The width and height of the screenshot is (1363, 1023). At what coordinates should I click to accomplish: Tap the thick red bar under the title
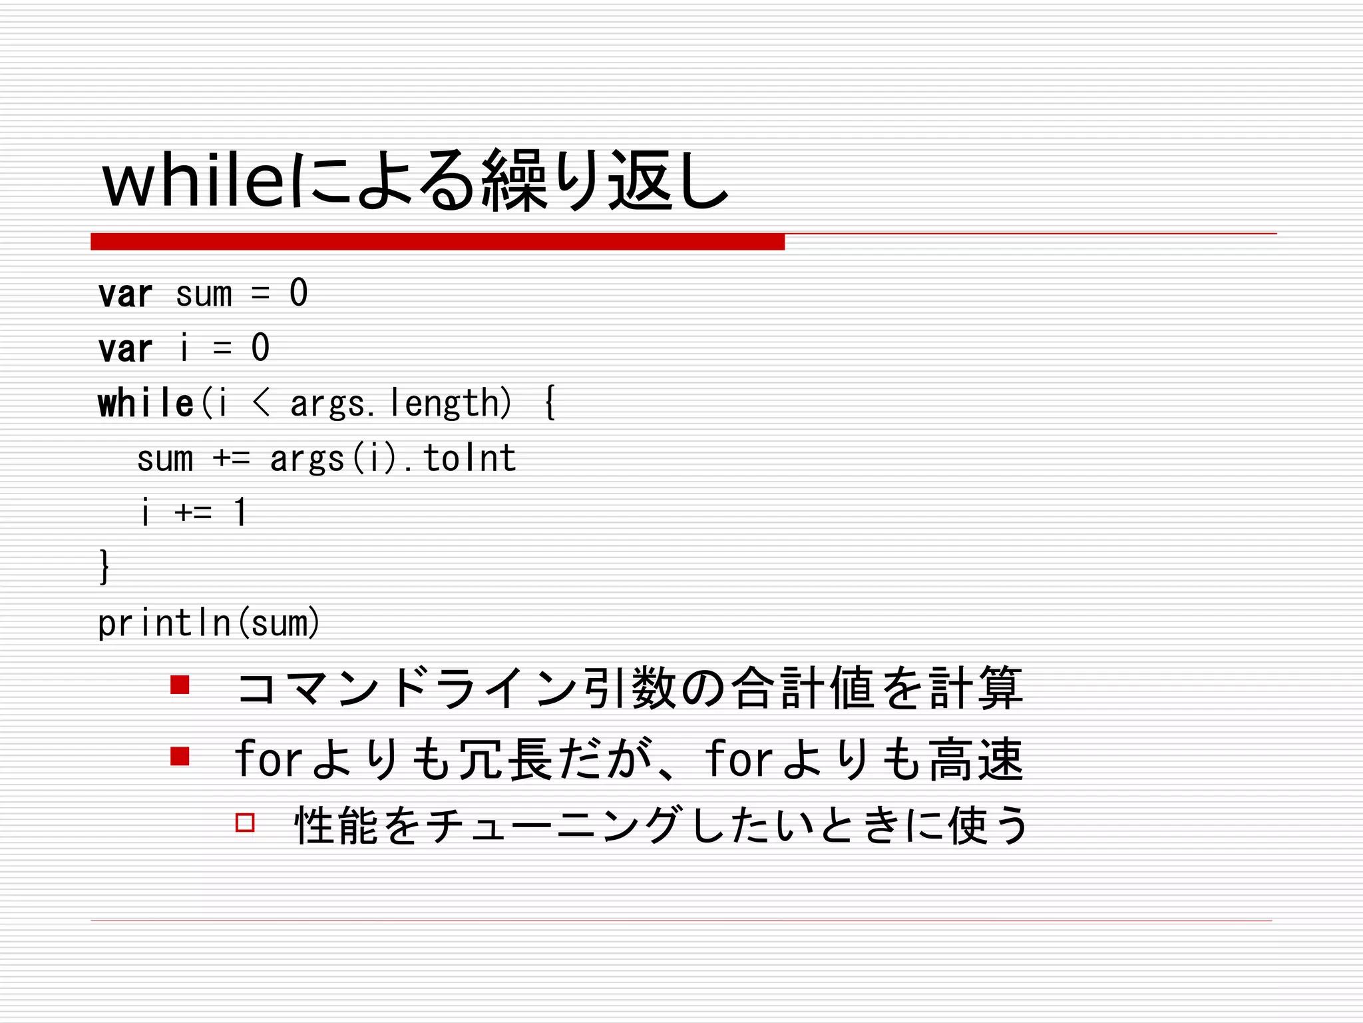tap(437, 242)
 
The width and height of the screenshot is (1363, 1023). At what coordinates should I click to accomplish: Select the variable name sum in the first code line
tap(204, 294)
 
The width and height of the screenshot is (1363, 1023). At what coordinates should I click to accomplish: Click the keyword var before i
tap(125, 349)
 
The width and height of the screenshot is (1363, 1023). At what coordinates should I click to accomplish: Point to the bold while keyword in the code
tap(145, 404)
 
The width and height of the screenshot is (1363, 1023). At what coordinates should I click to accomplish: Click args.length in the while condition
tap(400, 404)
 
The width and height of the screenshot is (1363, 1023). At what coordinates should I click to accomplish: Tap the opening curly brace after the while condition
tap(550, 404)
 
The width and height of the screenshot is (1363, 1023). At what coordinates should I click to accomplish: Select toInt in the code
tap(469, 458)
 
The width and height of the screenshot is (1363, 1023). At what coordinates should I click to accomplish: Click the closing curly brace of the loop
tap(104, 567)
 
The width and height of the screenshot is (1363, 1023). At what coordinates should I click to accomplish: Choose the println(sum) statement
tap(208, 623)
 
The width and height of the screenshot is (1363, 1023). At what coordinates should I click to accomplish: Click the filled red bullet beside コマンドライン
tap(180, 685)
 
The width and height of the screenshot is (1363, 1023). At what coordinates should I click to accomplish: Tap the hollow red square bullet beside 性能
tap(245, 823)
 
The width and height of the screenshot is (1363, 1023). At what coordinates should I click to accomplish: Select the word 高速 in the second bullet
tap(976, 759)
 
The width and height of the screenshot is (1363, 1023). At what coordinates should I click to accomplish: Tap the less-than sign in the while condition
tap(261, 404)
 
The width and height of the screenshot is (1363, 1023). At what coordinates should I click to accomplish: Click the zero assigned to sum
tap(299, 294)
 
